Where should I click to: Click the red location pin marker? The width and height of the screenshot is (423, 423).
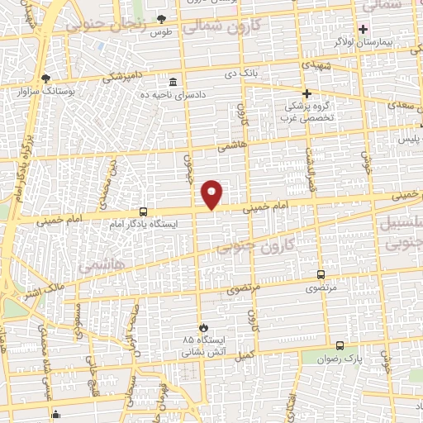coord(212,194)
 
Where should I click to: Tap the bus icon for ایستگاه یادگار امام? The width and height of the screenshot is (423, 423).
coord(144,211)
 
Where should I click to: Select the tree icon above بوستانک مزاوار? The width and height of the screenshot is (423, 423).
coord(45,79)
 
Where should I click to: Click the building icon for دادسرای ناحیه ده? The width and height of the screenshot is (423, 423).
coord(173,83)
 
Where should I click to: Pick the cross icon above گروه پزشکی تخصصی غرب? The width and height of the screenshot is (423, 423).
coord(307,93)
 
